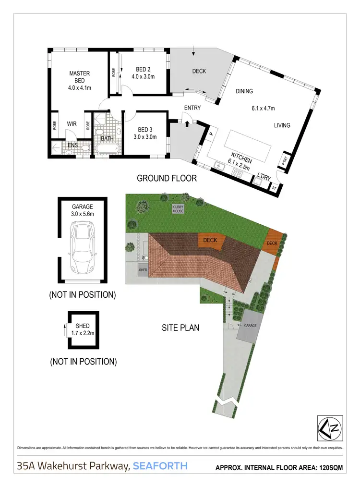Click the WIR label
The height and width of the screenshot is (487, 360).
(72, 124)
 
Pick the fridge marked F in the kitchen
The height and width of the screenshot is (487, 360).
(211, 135)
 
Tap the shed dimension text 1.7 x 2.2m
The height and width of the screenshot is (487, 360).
(83, 332)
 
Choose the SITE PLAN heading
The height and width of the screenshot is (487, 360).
(180, 329)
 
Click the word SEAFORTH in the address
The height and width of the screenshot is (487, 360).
(160, 466)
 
